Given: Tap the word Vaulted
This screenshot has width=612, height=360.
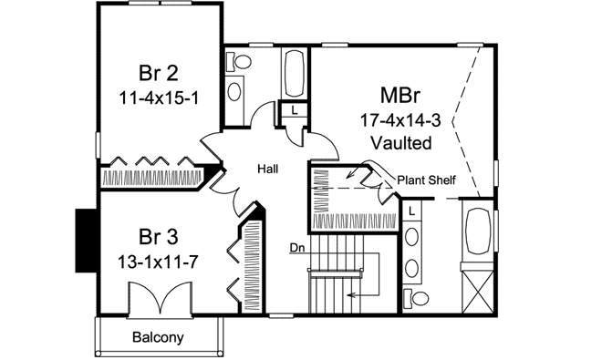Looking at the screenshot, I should tap(401, 142).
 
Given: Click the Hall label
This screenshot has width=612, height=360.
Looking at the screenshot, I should tap(267, 169).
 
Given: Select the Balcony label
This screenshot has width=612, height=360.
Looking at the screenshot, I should tap(158, 336).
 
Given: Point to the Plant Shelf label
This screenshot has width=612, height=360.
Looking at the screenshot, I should tap(427, 180).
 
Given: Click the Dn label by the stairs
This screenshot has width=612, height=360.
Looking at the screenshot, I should tap(296, 246).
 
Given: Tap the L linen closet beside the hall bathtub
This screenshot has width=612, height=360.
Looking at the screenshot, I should tap(296, 110).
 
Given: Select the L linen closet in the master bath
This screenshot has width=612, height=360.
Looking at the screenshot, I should tap(412, 211).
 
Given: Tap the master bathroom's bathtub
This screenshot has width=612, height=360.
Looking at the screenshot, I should tap(479, 233).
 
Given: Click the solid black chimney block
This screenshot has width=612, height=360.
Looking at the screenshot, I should tap(86, 240).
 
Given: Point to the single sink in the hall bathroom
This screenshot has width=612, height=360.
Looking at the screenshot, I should tap(235, 90).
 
